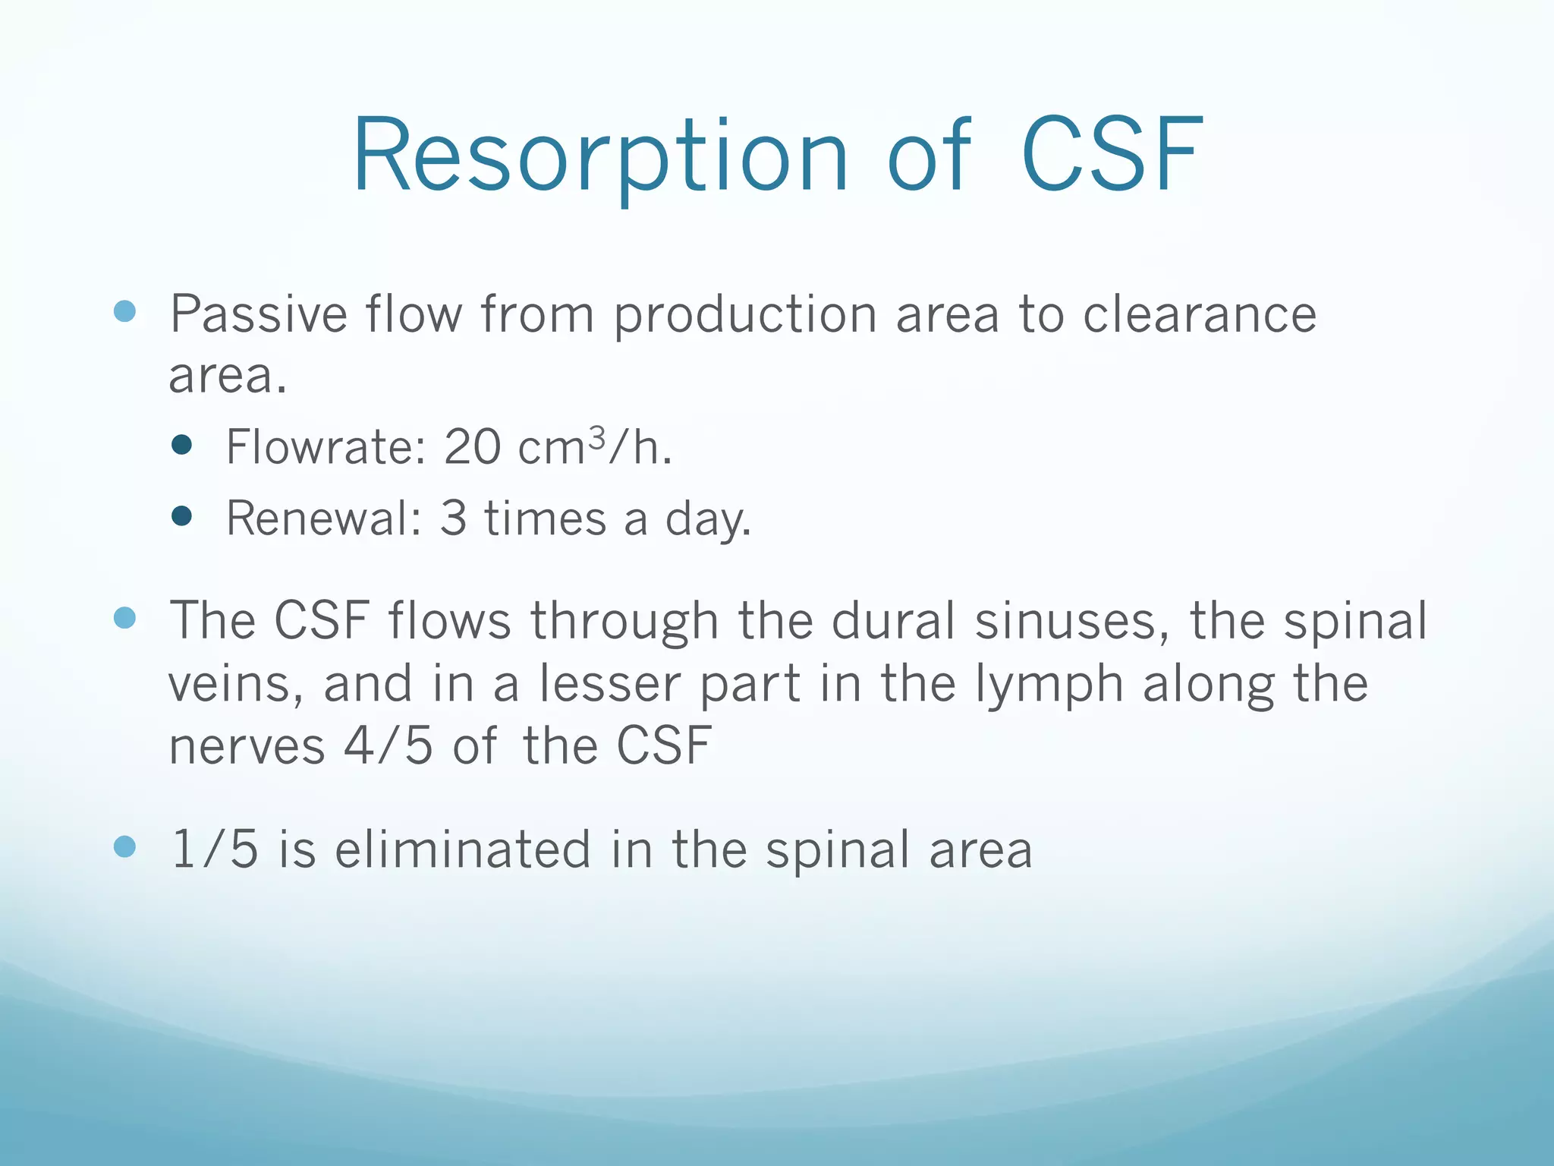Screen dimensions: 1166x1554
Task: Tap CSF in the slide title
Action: [1112, 156]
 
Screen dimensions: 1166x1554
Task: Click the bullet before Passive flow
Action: [124, 311]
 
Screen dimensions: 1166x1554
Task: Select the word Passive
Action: [258, 314]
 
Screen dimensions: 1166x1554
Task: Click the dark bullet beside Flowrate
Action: [182, 445]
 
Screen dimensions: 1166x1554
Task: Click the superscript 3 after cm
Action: [597, 437]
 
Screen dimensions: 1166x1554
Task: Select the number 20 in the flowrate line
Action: [472, 446]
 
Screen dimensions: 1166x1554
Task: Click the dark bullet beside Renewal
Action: [182, 517]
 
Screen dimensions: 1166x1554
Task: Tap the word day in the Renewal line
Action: [706, 520]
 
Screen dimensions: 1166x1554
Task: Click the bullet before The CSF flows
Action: [124, 618]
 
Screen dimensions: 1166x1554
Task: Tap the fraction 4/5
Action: [388, 745]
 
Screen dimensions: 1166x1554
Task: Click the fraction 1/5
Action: [215, 849]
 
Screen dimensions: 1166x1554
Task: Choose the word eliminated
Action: [463, 849]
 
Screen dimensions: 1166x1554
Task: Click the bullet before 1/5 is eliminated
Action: [124, 846]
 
